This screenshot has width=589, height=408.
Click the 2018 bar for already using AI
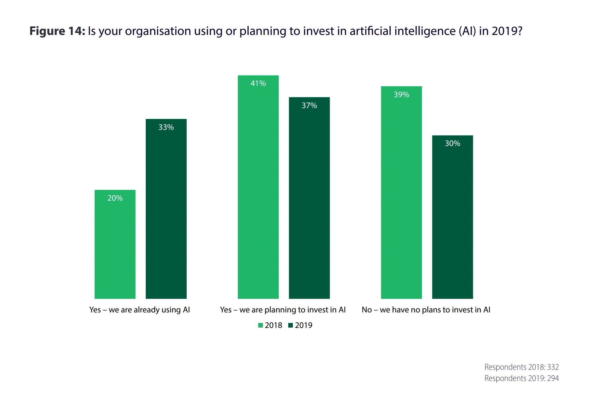(115, 244)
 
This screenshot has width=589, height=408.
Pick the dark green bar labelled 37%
(309, 198)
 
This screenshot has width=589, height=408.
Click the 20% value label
(115, 198)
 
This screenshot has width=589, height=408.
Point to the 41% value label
(258, 83)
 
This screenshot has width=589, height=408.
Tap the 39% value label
(401, 95)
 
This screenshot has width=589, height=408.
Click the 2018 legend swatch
(261, 325)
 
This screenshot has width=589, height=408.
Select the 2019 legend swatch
(291, 325)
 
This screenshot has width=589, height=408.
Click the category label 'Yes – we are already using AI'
(139, 310)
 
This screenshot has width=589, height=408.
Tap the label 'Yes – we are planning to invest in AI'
(283, 310)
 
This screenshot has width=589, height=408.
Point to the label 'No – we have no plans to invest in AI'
(426, 310)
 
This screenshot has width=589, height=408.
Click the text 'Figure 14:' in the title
(57, 31)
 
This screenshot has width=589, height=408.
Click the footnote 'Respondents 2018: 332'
(521, 367)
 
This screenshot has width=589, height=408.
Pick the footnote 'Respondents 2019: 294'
(521, 378)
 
